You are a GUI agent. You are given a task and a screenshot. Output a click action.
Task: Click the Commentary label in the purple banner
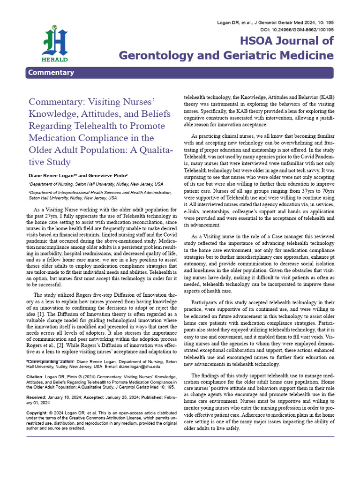click(51, 72)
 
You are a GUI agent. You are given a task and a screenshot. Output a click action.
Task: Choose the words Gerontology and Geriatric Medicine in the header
click(226, 56)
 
